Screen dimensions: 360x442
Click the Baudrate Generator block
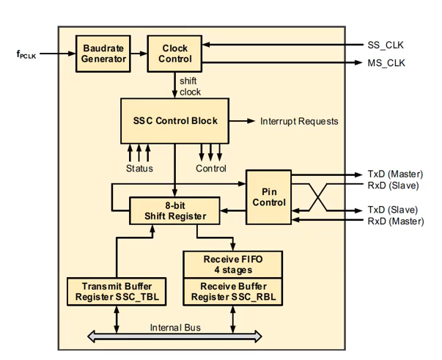point(103,54)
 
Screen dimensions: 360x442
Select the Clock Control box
point(174,54)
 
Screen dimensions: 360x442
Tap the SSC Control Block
point(174,120)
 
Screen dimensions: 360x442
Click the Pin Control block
point(269,196)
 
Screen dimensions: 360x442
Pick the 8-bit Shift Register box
point(176,211)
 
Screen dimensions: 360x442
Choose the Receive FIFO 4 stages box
point(233,264)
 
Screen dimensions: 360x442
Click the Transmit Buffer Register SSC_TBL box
point(117,291)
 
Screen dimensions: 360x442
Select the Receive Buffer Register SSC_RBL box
point(233,291)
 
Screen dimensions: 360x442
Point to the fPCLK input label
point(26,54)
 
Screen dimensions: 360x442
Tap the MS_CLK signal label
point(386,63)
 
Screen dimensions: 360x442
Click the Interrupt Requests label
point(299,121)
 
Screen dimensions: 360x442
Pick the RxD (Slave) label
point(394,185)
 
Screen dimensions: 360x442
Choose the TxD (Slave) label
point(394,210)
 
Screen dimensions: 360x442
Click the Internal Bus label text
point(175,328)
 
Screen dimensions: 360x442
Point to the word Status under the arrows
point(139,169)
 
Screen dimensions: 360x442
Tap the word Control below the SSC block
point(210,169)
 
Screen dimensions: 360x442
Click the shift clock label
point(188,87)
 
